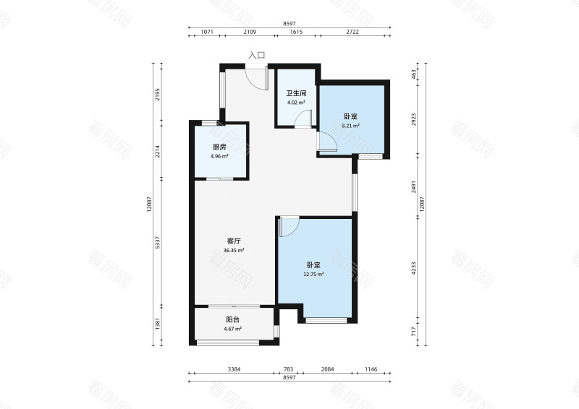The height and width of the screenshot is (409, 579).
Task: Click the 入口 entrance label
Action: point(257,56)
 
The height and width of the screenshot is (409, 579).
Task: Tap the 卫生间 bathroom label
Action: point(296,93)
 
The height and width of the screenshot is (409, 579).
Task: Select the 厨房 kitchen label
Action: point(219,147)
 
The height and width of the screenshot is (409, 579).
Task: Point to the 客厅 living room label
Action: point(234,241)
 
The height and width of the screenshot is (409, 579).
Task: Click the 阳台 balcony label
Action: point(232,319)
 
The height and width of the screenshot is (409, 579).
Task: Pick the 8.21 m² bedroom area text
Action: point(351,126)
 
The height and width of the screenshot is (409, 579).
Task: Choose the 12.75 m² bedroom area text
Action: point(314,275)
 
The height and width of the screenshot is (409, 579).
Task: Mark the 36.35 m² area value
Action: point(234,251)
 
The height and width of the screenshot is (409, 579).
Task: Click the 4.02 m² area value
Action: point(296,103)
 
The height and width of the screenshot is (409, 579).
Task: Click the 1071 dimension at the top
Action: point(207,32)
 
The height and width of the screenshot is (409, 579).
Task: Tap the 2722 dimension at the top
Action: point(352,32)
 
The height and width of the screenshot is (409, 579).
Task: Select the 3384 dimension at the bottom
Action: point(234,369)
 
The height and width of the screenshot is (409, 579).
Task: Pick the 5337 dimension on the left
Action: point(157,242)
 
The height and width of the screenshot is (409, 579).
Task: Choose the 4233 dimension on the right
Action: point(414,268)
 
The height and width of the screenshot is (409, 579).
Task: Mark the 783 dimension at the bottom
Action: point(288,369)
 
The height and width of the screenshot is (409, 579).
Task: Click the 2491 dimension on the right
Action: point(414,186)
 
